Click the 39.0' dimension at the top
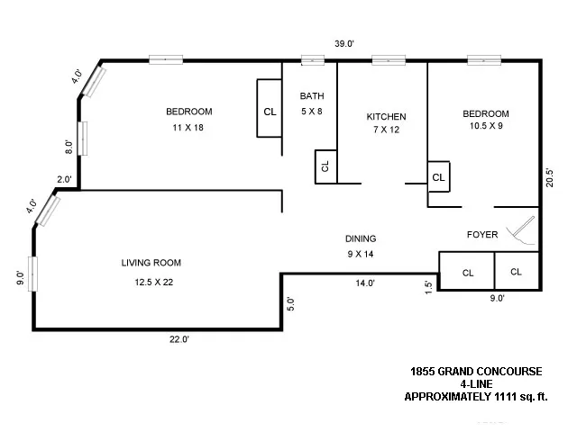coord(343,43)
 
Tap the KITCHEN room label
coord(386,117)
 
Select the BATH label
coord(312,97)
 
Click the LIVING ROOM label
coord(151,263)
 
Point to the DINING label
coord(360,238)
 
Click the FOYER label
coord(482,235)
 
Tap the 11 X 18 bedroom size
coord(188,127)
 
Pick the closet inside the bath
coord(325,166)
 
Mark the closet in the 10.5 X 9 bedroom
coord(438,177)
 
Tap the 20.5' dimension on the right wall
coord(550,177)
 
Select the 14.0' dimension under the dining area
coord(363,283)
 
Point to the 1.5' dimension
coord(428,286)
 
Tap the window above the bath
coord(312,61)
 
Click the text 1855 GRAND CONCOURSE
coord(476,371)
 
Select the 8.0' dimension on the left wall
coord(69,144)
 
